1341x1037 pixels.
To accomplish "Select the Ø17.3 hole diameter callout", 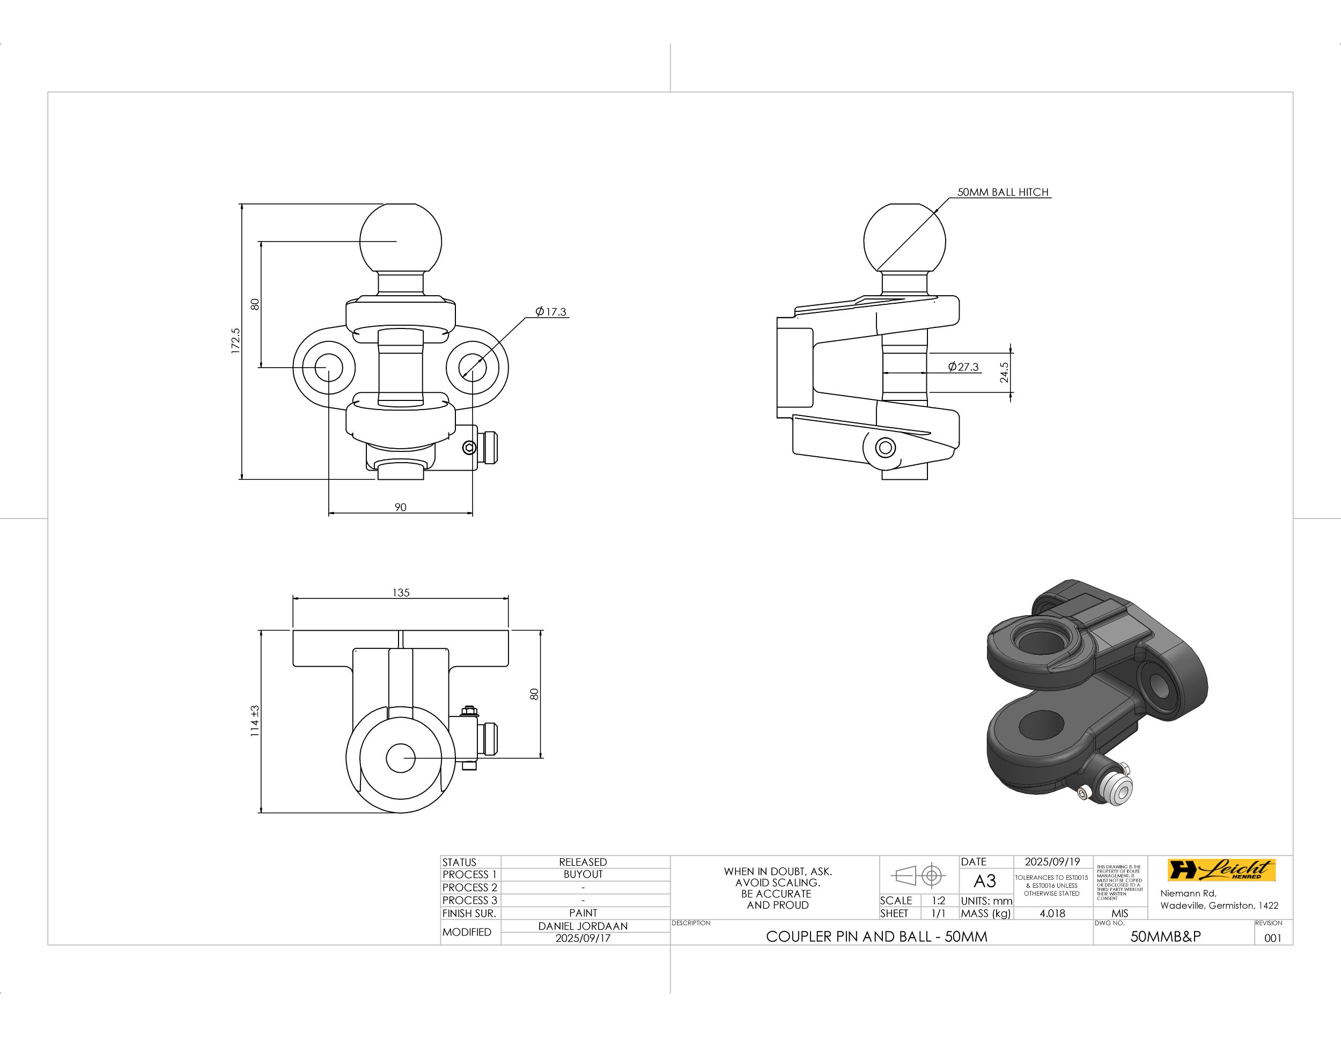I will [551, 312].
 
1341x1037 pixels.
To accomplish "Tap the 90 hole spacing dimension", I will [400, 507].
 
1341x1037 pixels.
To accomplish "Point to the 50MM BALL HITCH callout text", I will [1003, 192].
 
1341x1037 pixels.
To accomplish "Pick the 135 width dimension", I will [401, 593].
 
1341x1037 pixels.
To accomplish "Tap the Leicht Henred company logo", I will [1221, 870].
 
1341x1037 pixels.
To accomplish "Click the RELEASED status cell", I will [583, 862].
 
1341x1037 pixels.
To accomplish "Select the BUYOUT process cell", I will [583, 874].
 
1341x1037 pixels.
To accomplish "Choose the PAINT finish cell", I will [583, 913].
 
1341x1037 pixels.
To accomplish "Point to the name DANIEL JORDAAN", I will [583, 926].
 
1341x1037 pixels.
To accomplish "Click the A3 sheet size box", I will [985, 881].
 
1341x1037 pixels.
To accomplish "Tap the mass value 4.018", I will [1052, 914].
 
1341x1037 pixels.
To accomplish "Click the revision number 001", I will [1273, 938].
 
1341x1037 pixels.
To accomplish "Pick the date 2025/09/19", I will [1052, 862].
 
